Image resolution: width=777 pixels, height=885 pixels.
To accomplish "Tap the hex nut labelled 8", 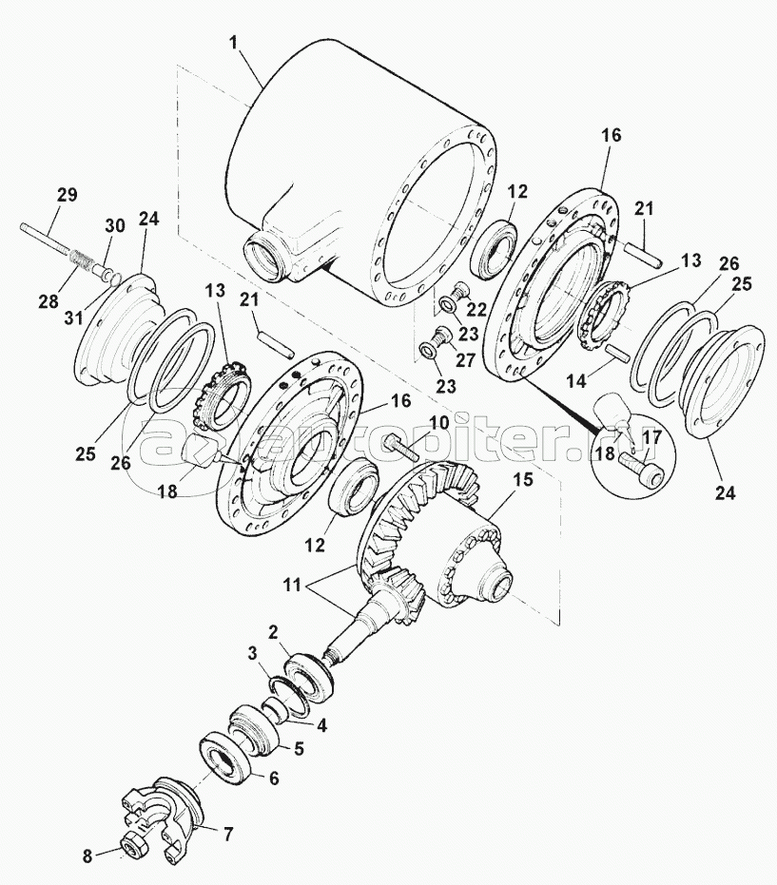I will pos(132,844).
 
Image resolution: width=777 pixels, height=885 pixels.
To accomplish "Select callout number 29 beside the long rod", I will pos(66,195).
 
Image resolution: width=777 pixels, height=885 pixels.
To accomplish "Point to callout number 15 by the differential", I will pos(523,482).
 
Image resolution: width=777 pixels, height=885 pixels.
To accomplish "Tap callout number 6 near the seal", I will pos(273,778).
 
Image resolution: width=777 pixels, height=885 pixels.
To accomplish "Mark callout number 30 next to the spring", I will pos(114,225).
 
